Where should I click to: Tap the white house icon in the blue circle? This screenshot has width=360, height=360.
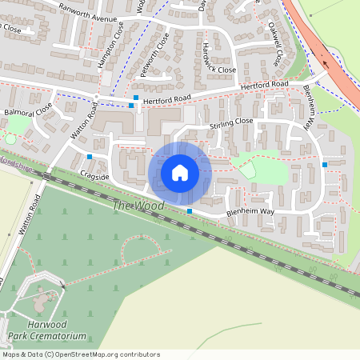(180, 172)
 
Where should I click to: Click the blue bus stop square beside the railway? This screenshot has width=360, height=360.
(190, 211)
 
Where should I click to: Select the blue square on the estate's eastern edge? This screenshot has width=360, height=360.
(325, 165)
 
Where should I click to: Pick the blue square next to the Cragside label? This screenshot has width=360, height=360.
(90, 157)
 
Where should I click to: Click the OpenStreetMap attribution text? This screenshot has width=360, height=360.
(81, 354)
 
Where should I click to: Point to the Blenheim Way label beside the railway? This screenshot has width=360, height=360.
(250, 212)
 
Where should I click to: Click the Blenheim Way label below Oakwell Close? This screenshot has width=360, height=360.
(307, 107)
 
